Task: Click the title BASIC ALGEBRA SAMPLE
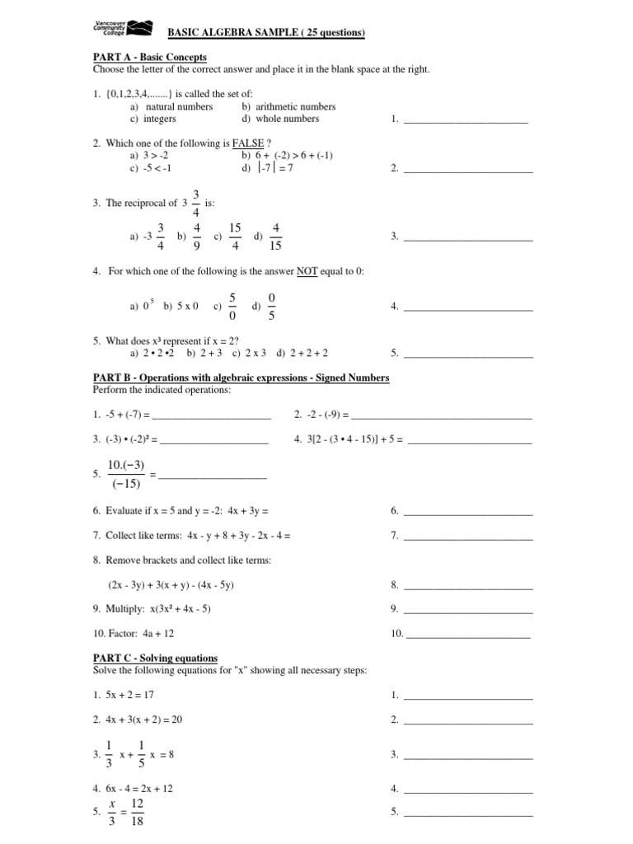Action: (267, 32)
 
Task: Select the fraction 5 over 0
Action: (233, 306)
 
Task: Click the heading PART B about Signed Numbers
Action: (241, 377)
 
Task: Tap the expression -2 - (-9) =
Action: (321, 414)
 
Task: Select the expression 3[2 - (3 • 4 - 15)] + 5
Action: (348, 440)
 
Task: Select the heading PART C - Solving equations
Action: (155, 659)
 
